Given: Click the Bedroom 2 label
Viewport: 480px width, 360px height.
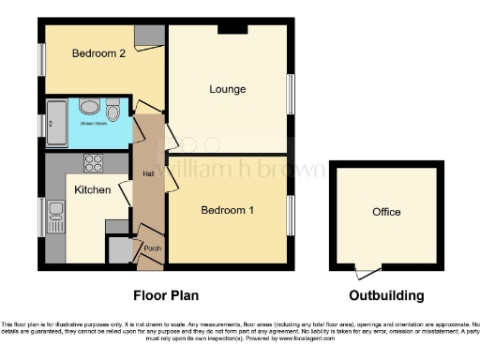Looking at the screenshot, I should (x=98, y=53).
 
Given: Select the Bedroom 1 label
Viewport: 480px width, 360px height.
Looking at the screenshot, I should (x=227, y=210).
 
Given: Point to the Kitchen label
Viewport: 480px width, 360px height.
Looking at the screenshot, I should (x=93, y=190).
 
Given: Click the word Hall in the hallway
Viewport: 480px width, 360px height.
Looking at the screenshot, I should (x=148, y=173).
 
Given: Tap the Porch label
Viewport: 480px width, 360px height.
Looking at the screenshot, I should (x=152, y=248).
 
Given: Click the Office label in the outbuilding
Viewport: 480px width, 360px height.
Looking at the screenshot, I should (x=386, y=212).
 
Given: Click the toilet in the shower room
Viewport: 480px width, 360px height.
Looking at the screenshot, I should (x=113, y=113).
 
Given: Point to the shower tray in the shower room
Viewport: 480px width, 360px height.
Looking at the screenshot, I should (x=53, y=122).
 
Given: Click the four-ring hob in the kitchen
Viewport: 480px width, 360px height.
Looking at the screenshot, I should (x=94, y=163).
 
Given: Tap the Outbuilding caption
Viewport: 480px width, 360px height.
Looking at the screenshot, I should (x=386, y=295).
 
